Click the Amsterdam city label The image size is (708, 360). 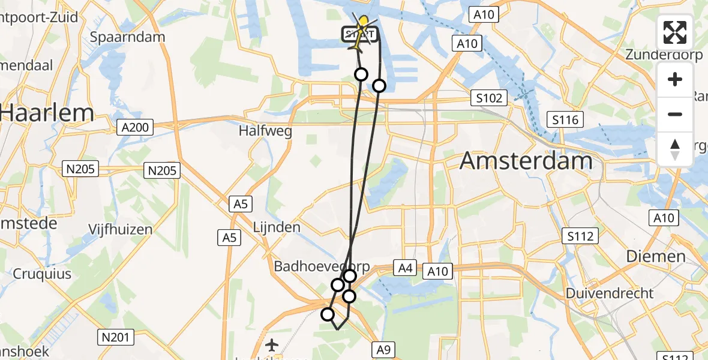[x=526, y=161]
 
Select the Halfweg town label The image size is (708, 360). [x=265, y=130]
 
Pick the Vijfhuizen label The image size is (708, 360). [x=120, y=229]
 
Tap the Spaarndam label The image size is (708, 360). [x=127, y=37]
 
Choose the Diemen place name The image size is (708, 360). [x=655, y=256]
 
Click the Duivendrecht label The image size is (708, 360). [x=610, y=293]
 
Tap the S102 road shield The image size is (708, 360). [x=488, y=98]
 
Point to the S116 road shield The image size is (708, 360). [x=565, y=120]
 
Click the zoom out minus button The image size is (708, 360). [x=675, y=115]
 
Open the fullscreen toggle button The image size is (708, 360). [x=675, y=32]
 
